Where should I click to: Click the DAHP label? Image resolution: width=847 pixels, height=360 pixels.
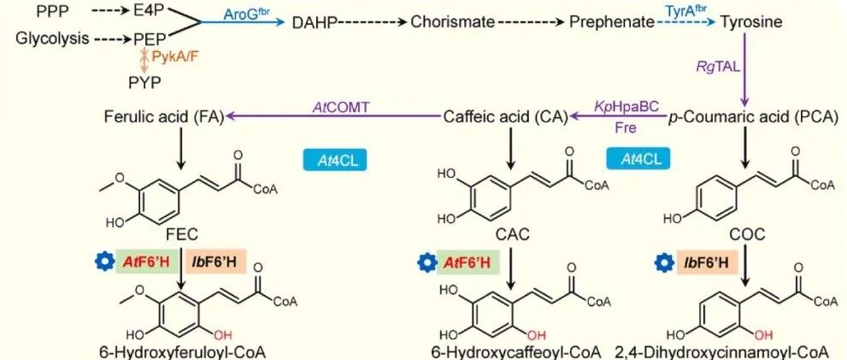click(x=315, y=22)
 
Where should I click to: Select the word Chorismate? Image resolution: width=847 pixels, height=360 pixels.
click(x=453, y=22)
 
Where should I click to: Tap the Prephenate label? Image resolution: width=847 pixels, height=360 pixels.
click(x=612, y=22)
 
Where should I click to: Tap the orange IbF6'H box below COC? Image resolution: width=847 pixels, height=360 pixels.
click(x=707, y=263)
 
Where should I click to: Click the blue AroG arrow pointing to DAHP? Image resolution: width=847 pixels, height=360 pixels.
click(x=243, y=23)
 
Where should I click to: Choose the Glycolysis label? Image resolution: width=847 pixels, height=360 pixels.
click(x=52, y=39)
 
